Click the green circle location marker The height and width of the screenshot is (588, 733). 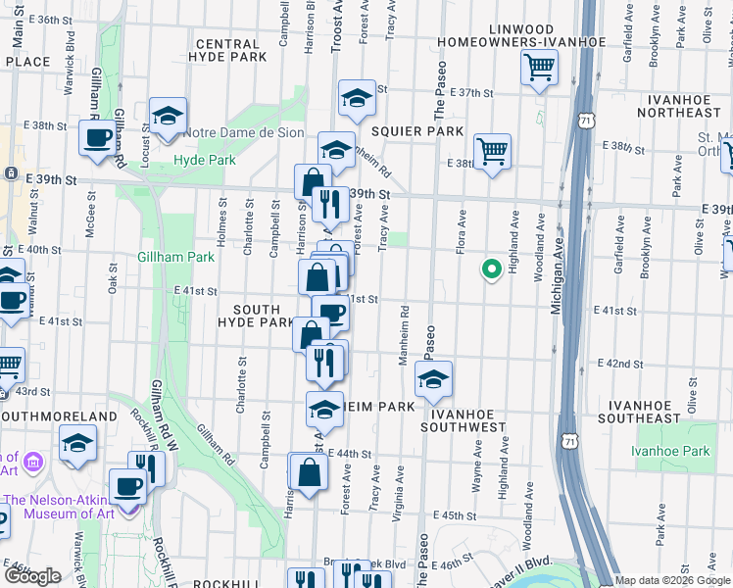[490, 268]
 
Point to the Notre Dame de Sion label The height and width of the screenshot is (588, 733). [242, 132]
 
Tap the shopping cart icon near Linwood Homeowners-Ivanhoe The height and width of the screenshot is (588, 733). [539, 69]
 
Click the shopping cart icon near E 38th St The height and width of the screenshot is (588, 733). [492, 151]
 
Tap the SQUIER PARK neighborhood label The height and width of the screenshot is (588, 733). [416, 130]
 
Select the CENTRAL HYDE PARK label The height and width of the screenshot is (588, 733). [231, 51]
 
